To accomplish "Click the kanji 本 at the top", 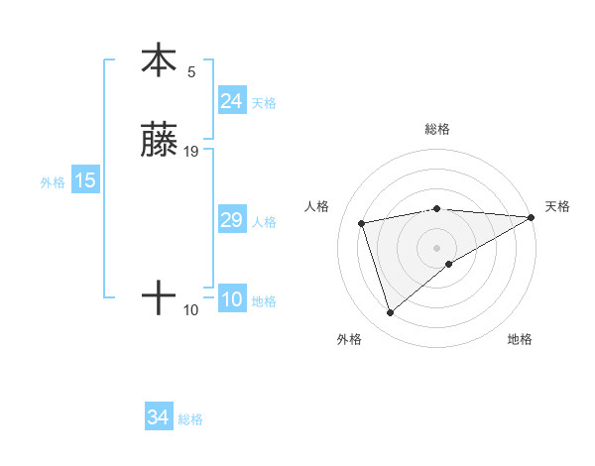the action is tap(159, 60).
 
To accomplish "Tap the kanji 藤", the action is tap(159, 141).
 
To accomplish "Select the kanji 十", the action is tap(159, 298).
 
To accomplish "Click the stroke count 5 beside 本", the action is tap(191, 71).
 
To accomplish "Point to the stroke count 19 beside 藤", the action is tap(191, 152).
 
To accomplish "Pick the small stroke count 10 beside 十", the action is tap(191, 310).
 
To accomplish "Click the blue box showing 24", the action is tap(231, 101).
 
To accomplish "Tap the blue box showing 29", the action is tap(231, 220).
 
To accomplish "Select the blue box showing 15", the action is tap(85, 180).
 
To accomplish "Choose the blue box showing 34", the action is tap(158, 418).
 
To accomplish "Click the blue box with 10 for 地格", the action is tap(231, 299).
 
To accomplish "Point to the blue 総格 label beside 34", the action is tap(190, 419).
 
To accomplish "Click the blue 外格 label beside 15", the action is tap(53, 181).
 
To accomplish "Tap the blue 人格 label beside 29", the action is tap(264, 221).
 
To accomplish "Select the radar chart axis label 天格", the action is tap(557, 206).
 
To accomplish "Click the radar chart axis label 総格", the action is tap(437, 129).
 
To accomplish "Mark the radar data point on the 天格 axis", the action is tap(532, 217).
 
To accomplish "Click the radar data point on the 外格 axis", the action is tap(390, 313).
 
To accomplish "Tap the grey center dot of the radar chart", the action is tap(437, 247).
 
